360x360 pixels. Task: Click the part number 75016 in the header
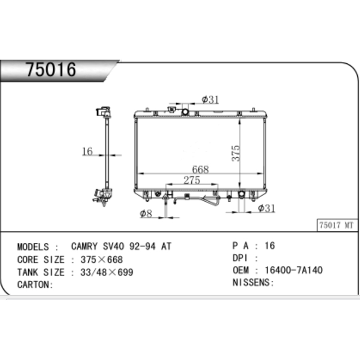click(x=50, y=69)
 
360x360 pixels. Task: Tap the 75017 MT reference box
click(x=336, y=225)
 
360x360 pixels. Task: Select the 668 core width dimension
click(x=201, y=169)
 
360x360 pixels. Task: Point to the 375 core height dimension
click(x=236, y=153)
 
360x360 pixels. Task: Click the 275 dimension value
click(x=192, y=180)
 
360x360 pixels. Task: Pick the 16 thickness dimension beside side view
click(x=87, y=151)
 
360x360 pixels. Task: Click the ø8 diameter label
click(x=146, y=214)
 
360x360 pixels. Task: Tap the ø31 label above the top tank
click(x=210, y=99)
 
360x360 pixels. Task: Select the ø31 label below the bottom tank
click(x=266, y=208)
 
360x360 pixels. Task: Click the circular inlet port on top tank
click(x=185, y=112)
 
